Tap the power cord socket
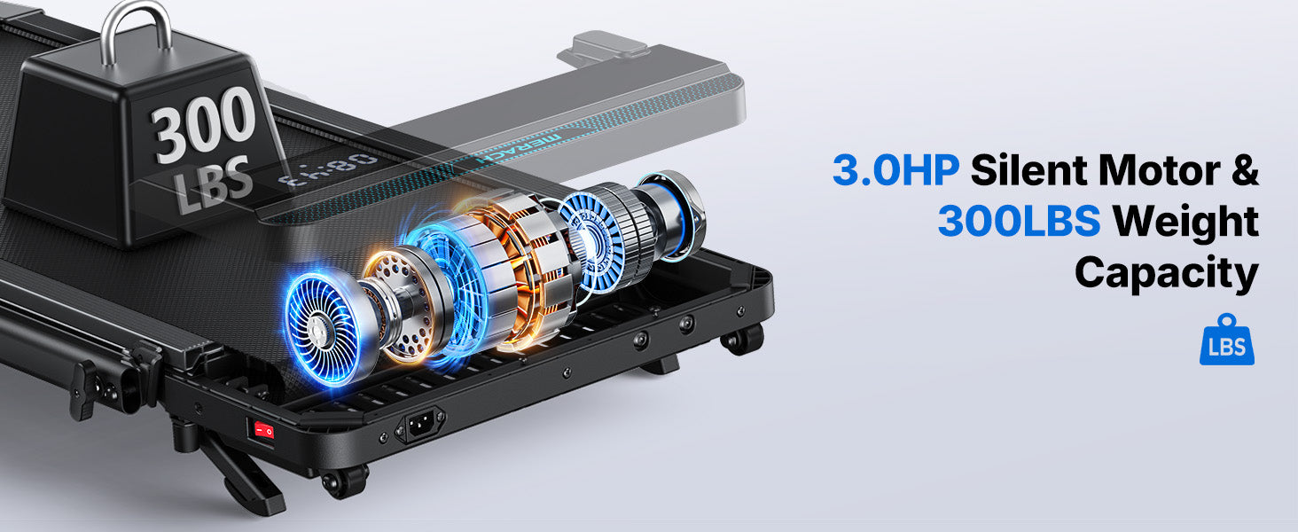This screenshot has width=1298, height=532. tap(420, 426)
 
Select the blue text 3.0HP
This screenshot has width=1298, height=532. tap(895, 170)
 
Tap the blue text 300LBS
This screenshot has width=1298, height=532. tap(1019, 221)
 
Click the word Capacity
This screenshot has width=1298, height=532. tap(1167, 273)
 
